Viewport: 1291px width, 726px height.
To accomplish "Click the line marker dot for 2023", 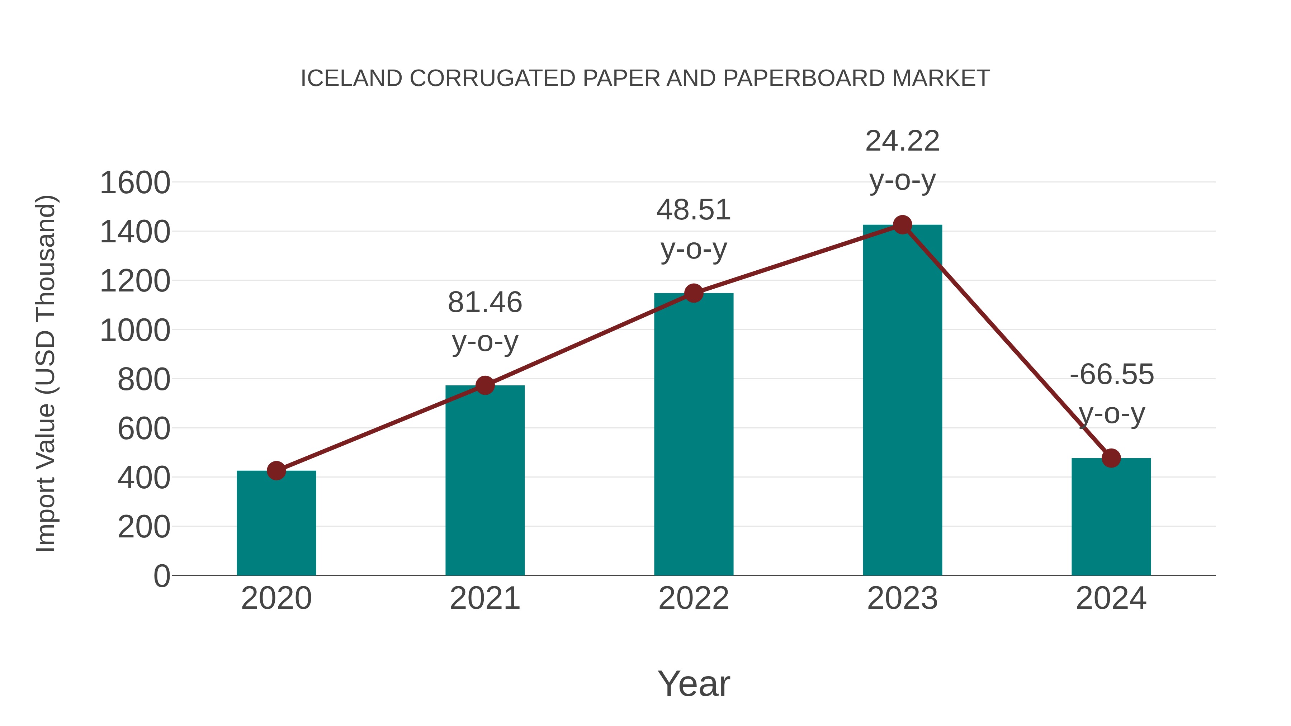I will [x=902, y=225].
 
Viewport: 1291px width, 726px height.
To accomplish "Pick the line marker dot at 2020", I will [x=276, y=470].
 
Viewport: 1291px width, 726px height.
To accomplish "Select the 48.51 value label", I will [x=694, y=210].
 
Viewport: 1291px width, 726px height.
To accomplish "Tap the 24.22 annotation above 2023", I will [x=902, y=141].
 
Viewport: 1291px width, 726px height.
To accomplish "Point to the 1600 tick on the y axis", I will [x=135, y=183].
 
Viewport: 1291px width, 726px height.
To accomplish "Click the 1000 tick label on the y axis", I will [x=135, y=331].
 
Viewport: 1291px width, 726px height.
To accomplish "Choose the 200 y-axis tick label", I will [x=144, y=527].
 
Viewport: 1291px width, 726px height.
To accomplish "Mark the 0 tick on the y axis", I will [x=161, y=576].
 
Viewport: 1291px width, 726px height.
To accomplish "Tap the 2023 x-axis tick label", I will [x=902, y=598].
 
